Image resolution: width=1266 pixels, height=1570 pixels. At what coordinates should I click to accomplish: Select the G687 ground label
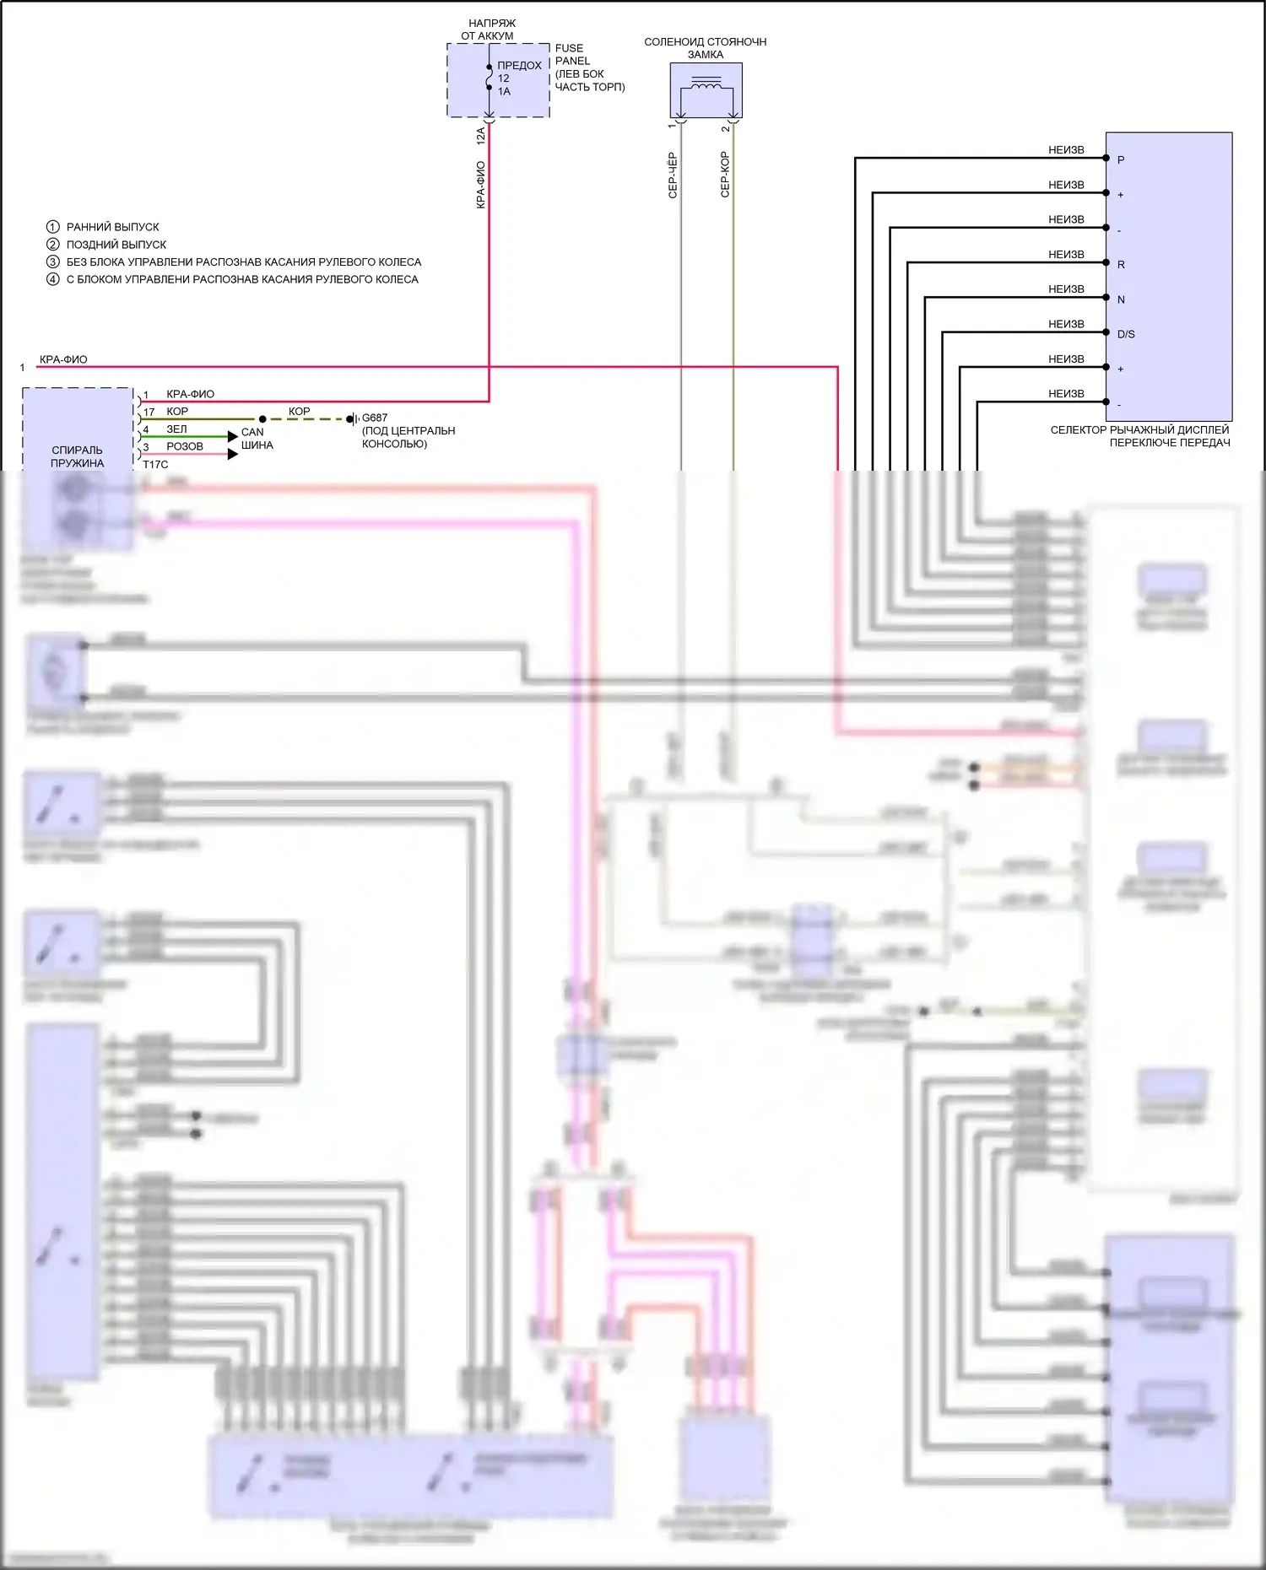click(x=375, y=418)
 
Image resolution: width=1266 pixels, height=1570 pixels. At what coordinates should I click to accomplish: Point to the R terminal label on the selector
click(x=1121, y=265)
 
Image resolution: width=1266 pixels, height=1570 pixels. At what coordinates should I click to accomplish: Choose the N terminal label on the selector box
click(x=1121, y=299)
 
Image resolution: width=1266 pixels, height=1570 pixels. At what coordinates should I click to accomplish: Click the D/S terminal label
click(x=1126, y=334)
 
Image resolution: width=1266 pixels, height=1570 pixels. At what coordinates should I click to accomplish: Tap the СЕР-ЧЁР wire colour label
click(x=673, y=175)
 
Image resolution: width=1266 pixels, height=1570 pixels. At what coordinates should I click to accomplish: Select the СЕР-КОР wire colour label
click(x=725, y=175)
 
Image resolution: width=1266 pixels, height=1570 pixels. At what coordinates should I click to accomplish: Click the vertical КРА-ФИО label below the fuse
click(x=481, y=185)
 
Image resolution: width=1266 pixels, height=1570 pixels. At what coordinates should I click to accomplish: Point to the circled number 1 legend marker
click(x=53, y=227)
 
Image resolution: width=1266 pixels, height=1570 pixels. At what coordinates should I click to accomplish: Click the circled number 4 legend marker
click(x=53, y=279)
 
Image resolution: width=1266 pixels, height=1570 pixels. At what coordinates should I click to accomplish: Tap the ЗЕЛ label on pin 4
click(x=176, y=429)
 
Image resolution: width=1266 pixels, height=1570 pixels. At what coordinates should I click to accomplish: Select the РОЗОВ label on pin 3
click(x=185, y=446)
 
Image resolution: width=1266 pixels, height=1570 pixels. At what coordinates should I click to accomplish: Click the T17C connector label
click(x=155, y=465)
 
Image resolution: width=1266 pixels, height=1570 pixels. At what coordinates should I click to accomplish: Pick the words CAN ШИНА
click(x=256, y=439)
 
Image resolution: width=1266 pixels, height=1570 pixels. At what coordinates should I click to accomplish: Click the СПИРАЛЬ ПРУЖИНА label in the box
click(x=77, y=456)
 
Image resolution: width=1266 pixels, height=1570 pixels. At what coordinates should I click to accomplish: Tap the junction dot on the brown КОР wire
click(x=262, y=418)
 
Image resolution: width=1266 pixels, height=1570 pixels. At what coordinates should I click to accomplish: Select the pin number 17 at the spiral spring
click(x=149, y=412)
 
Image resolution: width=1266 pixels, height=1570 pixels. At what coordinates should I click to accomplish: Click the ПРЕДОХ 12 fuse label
click(x=518, y=72)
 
